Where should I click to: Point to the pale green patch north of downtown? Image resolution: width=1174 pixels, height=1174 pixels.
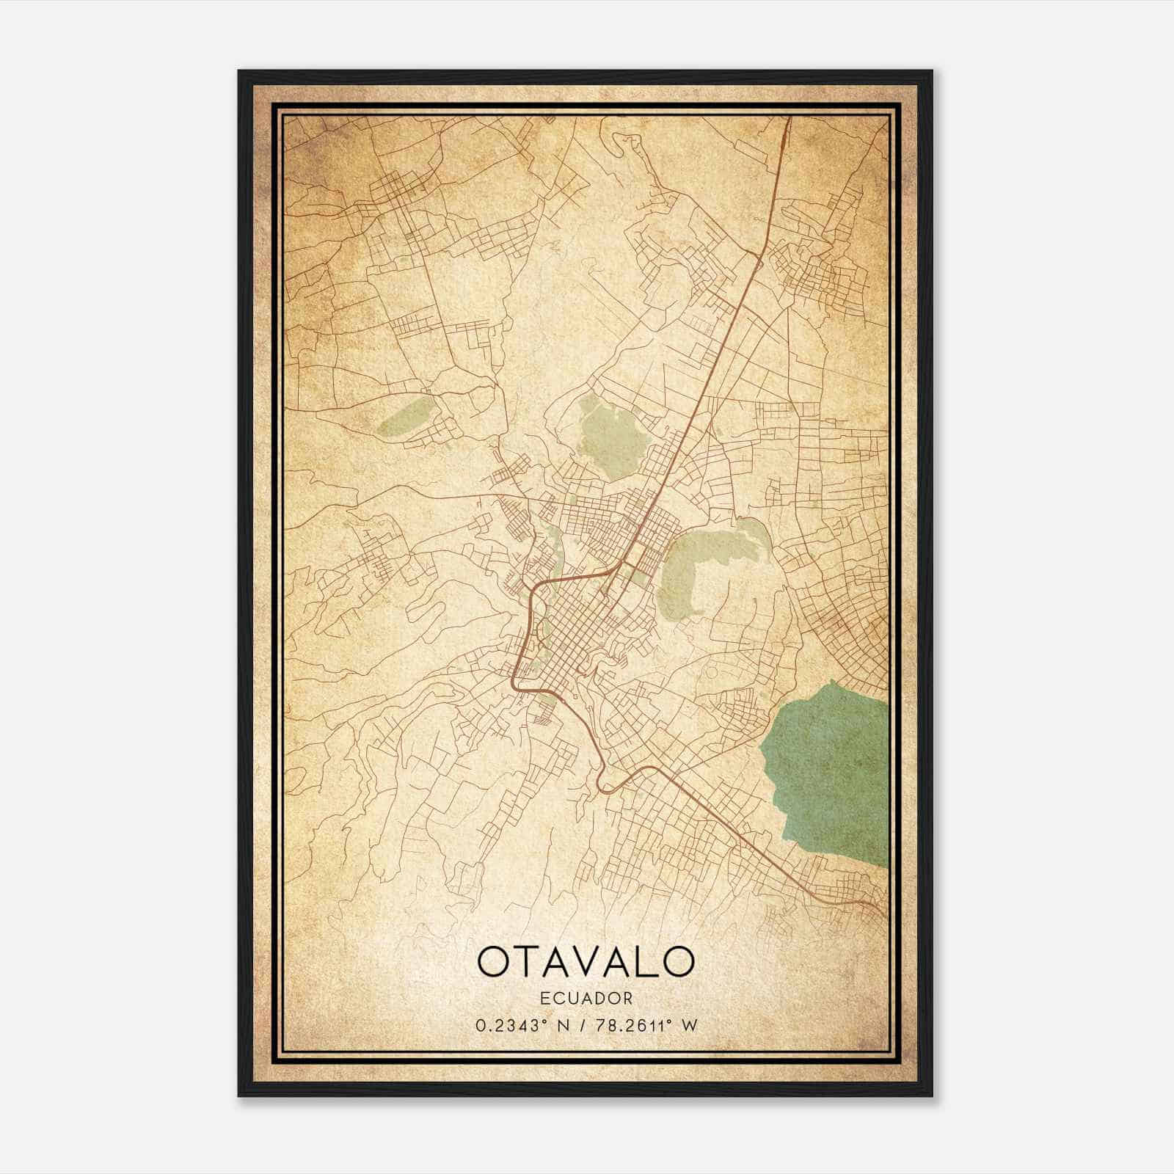[613, 437]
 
